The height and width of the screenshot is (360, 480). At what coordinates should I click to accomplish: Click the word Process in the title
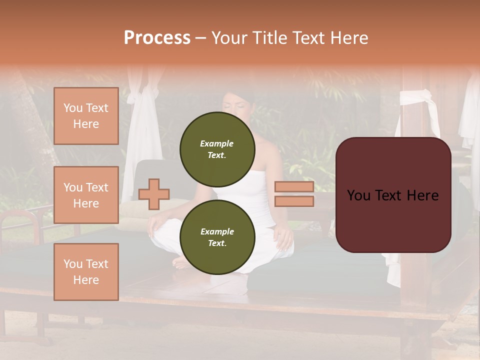coord(157,38)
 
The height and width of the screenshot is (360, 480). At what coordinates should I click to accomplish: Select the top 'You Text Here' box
coord(86,116)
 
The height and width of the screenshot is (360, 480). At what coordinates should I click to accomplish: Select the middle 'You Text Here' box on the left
coord(86,195)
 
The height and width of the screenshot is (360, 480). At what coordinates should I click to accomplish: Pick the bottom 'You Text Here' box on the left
coord(86,271)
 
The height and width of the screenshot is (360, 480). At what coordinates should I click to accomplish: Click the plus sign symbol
coord(154,194)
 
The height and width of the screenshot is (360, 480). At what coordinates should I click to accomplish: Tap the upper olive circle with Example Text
coord(217,149)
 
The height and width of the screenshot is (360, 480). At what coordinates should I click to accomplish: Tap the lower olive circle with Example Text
coord(217,237)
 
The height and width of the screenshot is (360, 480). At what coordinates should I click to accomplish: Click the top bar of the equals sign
coord(294,187)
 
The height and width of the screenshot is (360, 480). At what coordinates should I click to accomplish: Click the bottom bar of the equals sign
coord(294,201)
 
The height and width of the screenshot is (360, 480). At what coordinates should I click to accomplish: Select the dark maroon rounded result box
coord(393,195)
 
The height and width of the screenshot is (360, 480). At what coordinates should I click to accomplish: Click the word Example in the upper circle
coord(217,143)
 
